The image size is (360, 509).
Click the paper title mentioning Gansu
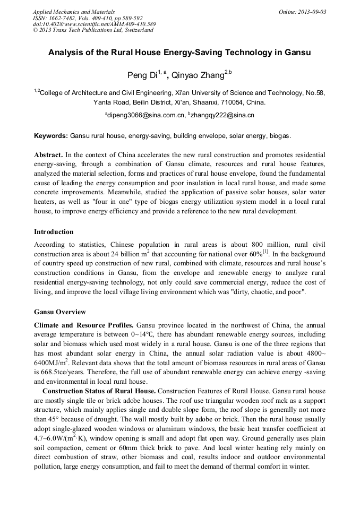click(x=179, y=53)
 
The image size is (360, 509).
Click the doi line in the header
click(x=94, y=24)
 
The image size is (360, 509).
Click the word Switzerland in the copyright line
click(x=135, y=30)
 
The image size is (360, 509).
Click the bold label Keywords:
click(x=51, y=136)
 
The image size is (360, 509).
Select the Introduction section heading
click(x=54, y=232)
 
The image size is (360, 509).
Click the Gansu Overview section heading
click(x=59, y=312)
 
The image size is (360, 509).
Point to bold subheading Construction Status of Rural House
click(x=99, y=391)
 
